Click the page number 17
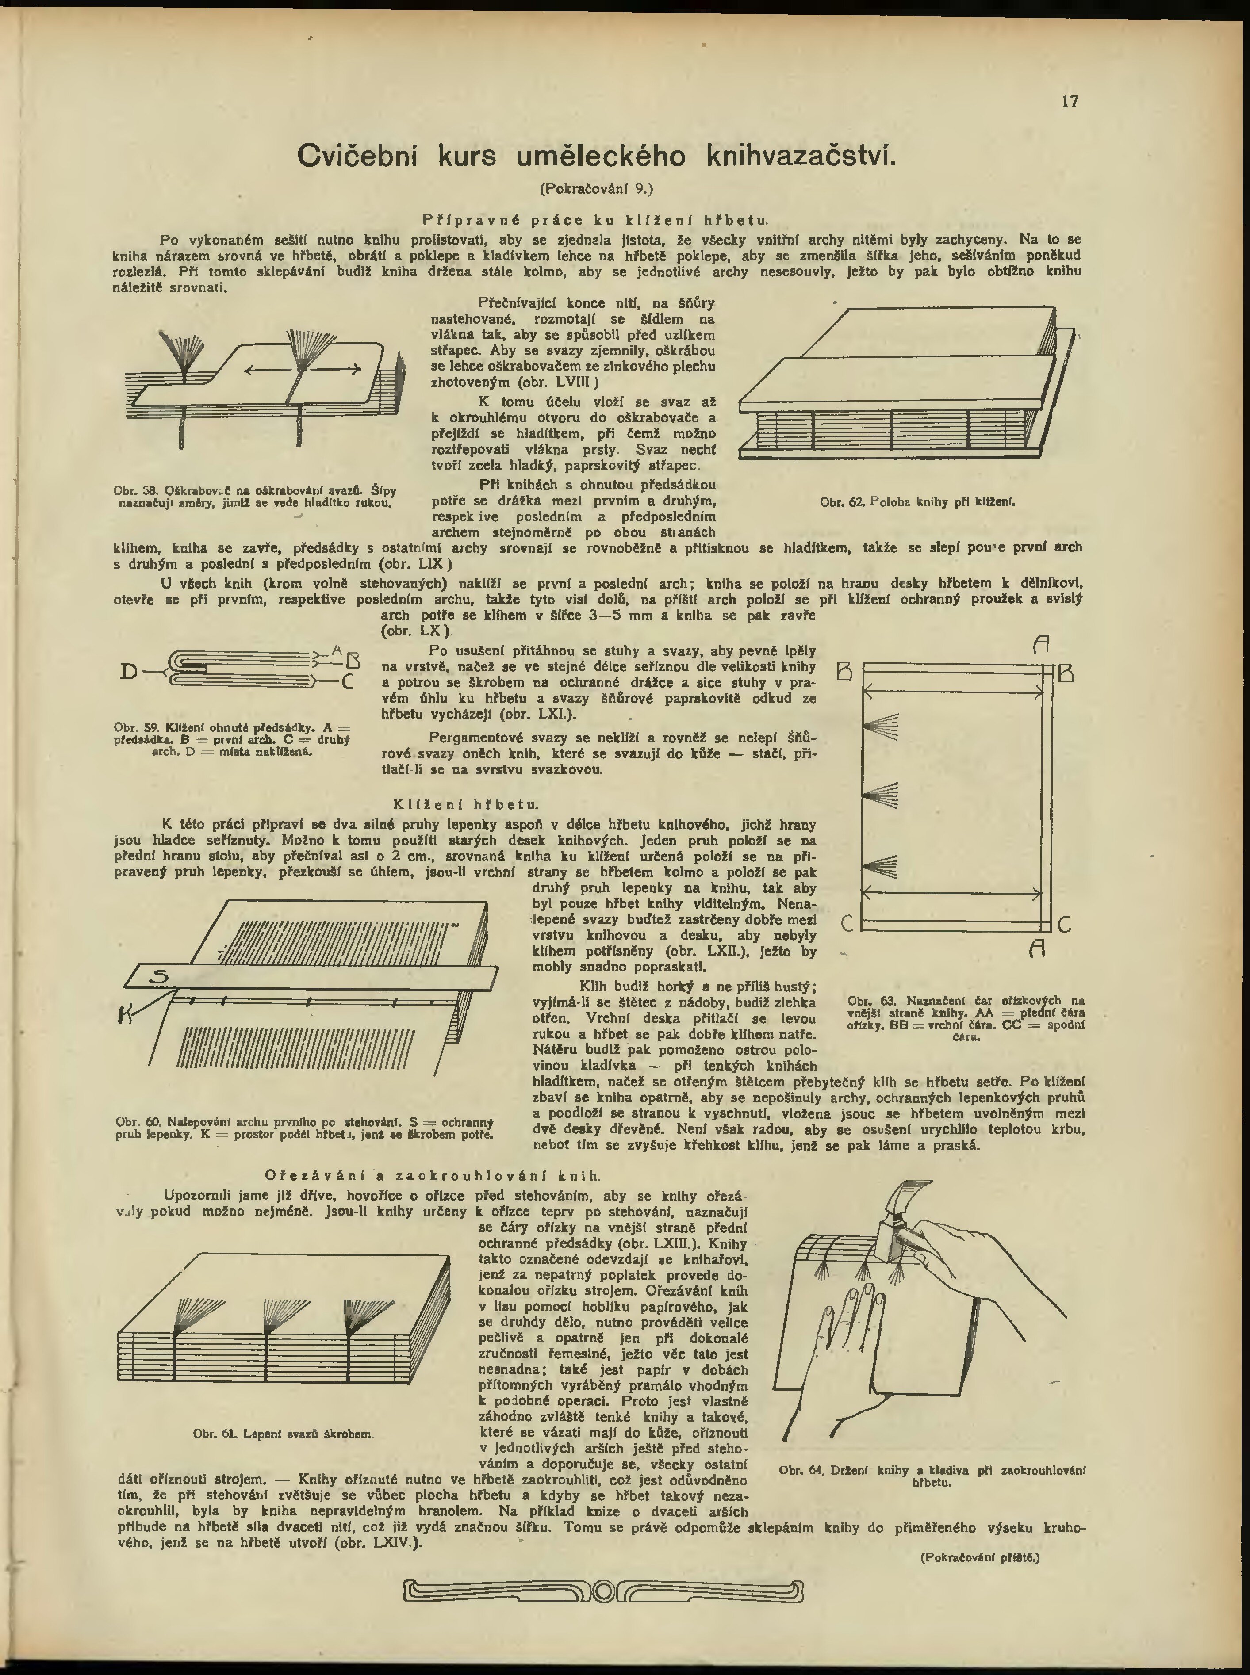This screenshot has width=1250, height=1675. point(1070,101)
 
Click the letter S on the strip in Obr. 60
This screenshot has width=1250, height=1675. point(159,978)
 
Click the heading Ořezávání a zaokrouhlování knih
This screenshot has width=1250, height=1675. point(433,1176)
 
